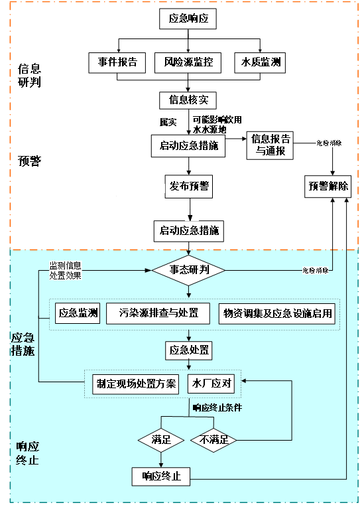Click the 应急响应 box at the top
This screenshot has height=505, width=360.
188,19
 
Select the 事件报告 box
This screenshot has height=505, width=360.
117,62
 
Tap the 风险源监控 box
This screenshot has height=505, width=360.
188,62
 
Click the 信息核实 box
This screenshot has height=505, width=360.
188,100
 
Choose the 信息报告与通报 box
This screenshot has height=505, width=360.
270,145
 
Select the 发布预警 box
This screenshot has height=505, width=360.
188,186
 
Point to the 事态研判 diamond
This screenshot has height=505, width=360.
188,270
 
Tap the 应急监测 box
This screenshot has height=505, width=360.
78,313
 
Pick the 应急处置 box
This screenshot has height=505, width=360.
188,349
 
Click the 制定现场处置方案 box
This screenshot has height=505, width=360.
136,384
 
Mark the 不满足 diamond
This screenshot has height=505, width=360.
213,439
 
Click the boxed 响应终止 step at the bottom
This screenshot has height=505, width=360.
161,476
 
